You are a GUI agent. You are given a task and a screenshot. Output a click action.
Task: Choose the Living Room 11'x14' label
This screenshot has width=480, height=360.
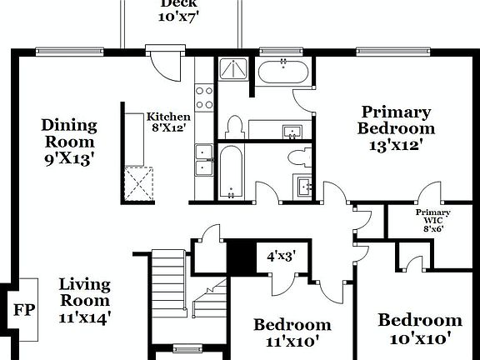[84, 300]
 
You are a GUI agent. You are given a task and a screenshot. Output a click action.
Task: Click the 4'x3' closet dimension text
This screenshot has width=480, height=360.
[281, 257]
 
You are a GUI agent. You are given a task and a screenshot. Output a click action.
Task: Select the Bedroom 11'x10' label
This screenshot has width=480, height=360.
[292, 332]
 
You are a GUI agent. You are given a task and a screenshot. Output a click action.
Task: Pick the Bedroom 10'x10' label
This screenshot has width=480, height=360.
[420, 328]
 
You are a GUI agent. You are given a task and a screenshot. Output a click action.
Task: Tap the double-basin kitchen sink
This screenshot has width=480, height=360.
[204, 159]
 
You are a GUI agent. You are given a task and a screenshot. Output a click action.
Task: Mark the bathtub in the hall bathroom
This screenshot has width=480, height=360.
[232, 172]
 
